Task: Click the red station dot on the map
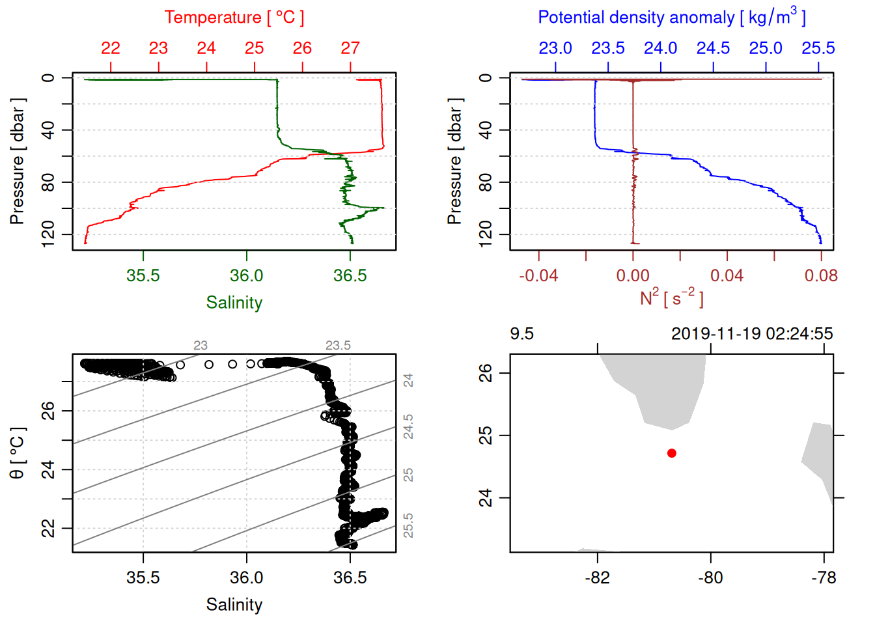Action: click(x=672, y=453)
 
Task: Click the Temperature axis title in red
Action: click(x=234, y=18)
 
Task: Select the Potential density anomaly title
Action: click(x=671, y=18)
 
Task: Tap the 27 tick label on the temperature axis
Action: click(x=350, y=48)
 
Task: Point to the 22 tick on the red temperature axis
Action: click(x=111, y=48)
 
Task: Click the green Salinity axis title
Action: click(x=234, y=303)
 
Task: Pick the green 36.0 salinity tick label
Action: click(x=247, y=275)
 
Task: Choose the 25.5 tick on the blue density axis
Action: click(x=818, y=48)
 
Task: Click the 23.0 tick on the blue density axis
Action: click(x=555, y=48)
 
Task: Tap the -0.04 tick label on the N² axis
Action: click(x=538, y=275)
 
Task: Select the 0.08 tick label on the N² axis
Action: click(x=821, y=275)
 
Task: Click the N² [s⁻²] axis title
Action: click(x=671, y=298)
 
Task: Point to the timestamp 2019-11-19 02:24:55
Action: click(x=752, y=334)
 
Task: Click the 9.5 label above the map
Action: click(x=521, y=334)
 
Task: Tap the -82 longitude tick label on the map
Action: click(x=597, y=577)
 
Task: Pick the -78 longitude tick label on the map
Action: click(x=824, y=577)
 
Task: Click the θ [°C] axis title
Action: click(x=17, y=453)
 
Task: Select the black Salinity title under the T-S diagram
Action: click(x=234, y=605)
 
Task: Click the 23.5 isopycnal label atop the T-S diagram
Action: click(x=338, y=346)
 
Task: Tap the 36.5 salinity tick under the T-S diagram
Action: click(x=350, y=577)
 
